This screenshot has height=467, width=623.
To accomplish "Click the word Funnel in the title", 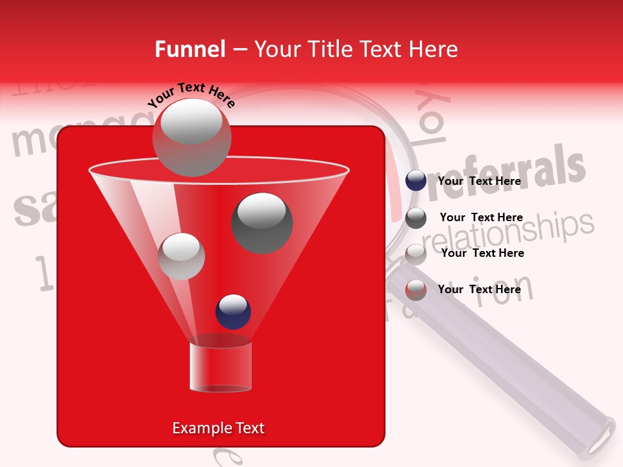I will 190,49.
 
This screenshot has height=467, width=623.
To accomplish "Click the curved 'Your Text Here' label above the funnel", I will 191,95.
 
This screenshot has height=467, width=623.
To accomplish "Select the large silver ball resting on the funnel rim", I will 191,137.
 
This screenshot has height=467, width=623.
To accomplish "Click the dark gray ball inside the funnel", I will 262,222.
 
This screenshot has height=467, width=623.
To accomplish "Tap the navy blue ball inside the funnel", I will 233,311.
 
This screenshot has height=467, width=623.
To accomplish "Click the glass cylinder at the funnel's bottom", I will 220,366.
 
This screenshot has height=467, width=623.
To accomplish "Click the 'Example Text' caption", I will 218,428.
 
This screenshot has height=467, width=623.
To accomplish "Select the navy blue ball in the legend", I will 416,181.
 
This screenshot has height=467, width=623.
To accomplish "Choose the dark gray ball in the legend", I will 416,218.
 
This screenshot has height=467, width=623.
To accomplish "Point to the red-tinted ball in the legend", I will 416,290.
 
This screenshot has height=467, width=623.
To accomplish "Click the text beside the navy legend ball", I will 479,181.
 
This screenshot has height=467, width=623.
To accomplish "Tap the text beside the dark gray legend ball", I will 481,217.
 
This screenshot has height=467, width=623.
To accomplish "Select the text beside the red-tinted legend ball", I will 479,289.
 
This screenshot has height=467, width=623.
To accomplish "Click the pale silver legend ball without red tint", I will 416,254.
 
